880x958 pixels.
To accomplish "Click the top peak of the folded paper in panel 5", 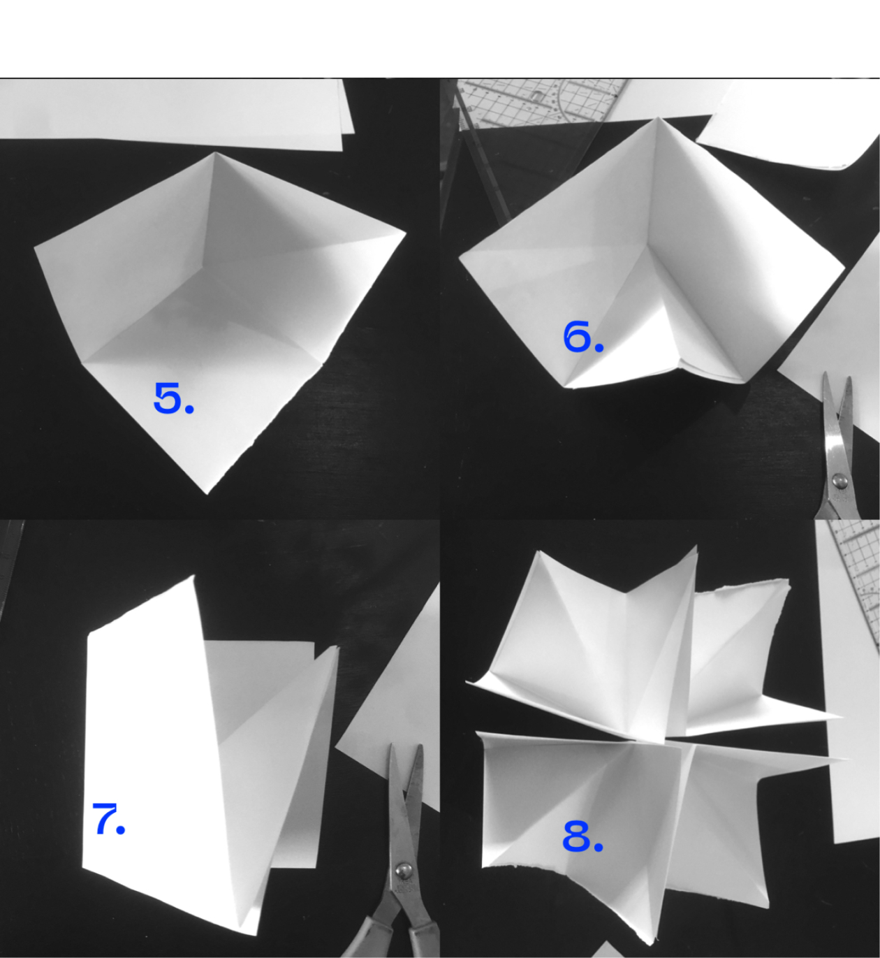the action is click(215, 153).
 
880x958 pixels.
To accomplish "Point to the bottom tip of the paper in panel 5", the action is click(207, 493).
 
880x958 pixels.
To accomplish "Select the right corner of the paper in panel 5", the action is click(405, 233).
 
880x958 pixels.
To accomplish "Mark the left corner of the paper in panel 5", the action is click(35, 248).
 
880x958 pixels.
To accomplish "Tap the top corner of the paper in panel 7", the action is click(193, 576).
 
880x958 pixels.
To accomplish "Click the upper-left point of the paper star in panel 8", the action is click(538, 552).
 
